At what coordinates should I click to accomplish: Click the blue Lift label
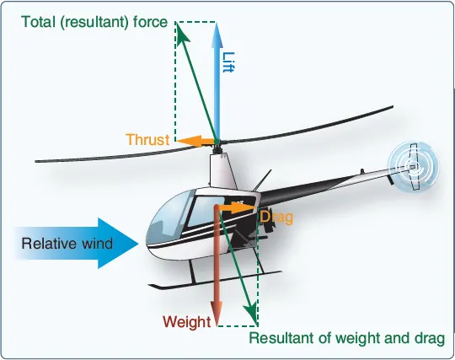228,62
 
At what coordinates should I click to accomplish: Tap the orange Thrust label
147,140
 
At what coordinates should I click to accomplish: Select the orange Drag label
276,218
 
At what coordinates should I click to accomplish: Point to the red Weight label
187,322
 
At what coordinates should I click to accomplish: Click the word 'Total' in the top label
38,22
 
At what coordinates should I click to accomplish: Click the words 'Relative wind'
67,244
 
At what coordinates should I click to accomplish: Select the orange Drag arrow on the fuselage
236,207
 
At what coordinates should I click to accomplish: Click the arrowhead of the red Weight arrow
217,313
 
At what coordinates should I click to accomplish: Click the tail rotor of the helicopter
413,166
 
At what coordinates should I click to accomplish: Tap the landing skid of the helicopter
214,280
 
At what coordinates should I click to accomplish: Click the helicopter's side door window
206,211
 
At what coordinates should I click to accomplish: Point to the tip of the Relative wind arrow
138,244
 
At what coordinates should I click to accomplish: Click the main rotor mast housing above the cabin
220,171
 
